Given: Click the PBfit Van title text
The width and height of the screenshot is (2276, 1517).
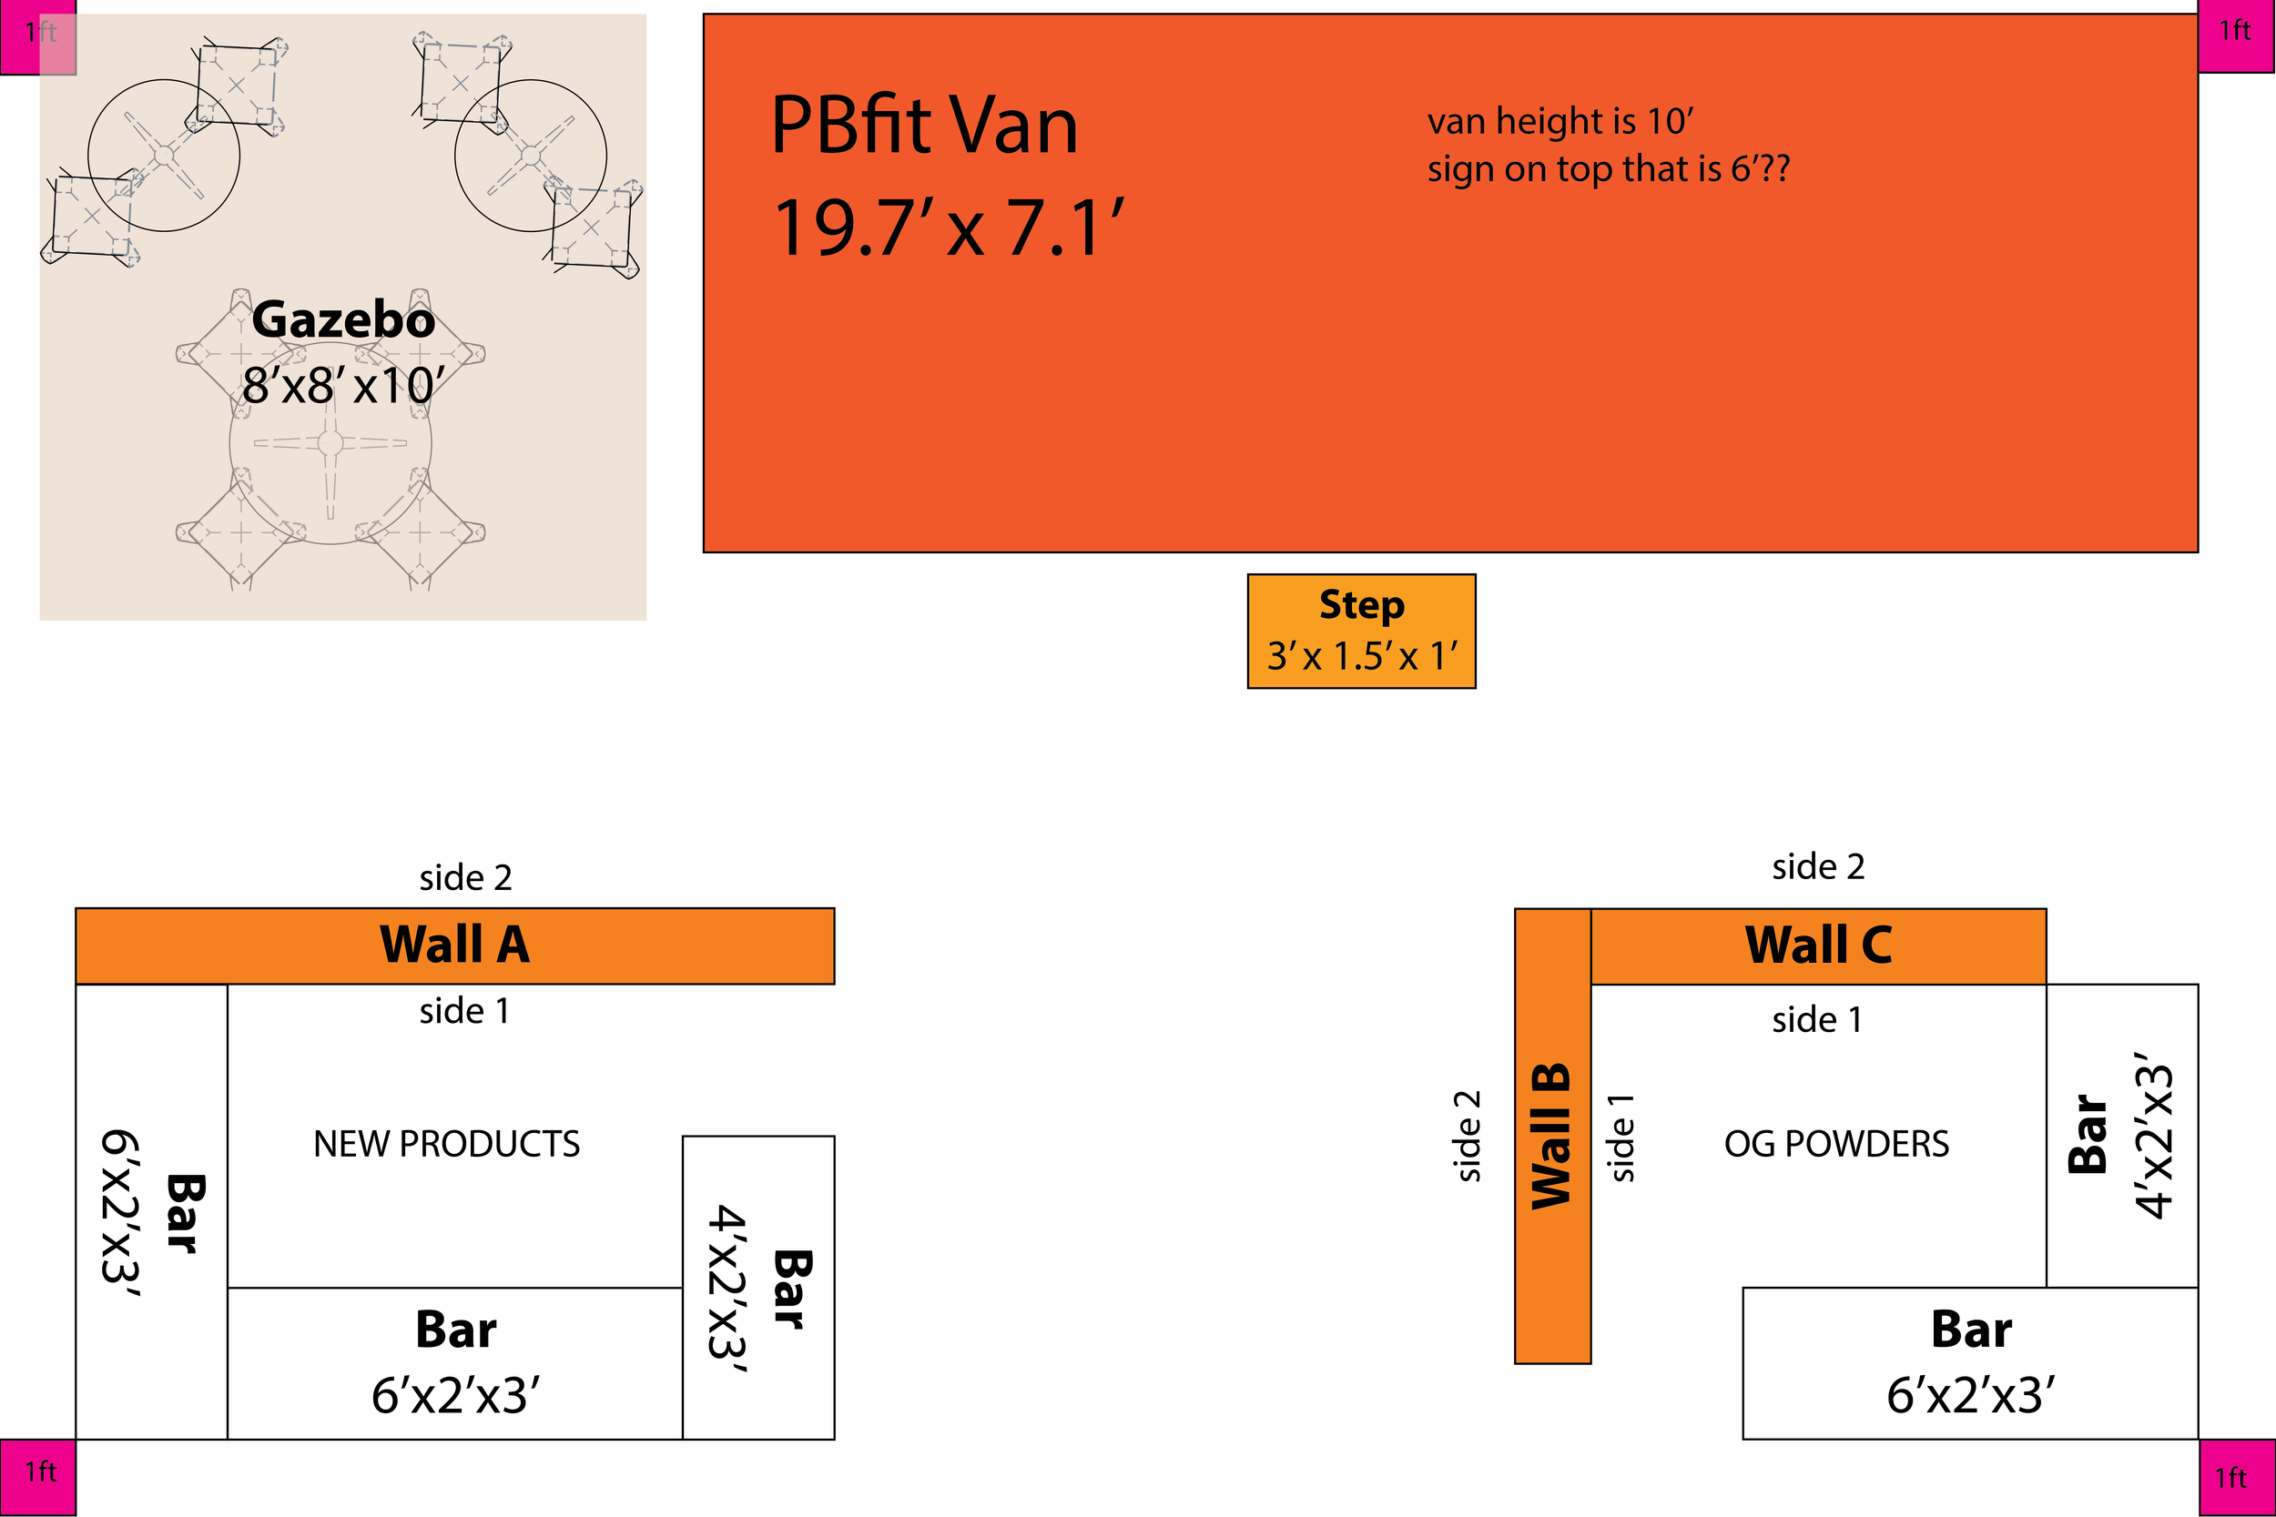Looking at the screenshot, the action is [x=923, y=126].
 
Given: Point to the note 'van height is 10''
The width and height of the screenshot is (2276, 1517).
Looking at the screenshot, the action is [x=1560, y=122].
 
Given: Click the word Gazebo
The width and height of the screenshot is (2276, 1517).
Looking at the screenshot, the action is [x=342, y=320].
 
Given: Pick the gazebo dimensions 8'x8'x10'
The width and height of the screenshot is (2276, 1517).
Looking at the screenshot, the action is [x=342, y=385].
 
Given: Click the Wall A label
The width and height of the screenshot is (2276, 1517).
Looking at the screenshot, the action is [x=455, y=946].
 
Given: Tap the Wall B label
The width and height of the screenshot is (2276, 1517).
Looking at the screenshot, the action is [x=1551, y=1136].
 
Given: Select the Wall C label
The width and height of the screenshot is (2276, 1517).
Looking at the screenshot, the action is [x=1818, y=946].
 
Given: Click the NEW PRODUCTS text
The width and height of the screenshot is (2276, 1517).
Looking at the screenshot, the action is [x=446, y=1144].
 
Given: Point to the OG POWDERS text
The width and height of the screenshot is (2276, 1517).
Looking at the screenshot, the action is [x=1835, y=1144].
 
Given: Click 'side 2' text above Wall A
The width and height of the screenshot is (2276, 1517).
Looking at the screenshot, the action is [x=465, y=877].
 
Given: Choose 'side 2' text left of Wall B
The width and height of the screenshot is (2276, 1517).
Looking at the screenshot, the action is [x=1468, y=1136].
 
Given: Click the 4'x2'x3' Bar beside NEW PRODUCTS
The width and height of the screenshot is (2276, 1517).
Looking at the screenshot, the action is [x=758, y=1287].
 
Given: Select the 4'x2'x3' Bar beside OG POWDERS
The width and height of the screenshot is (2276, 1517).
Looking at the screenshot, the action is [x=2121, y=1135].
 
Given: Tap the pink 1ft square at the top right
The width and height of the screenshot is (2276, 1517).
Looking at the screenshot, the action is [x=2236, y=35].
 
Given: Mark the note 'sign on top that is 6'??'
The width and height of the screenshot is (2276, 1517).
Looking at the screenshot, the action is [x=1609, y=169].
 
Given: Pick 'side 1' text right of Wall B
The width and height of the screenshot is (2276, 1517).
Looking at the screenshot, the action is [x=1621, y=1138].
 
